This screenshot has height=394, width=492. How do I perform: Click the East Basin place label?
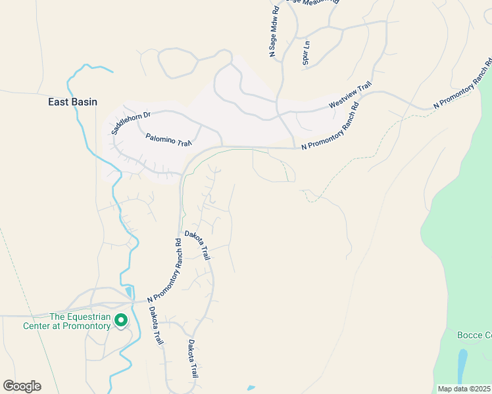(x=72, y=102)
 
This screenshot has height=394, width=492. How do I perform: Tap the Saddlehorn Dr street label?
(x=131, y=123)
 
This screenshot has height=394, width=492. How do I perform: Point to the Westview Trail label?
(x=351, y=96)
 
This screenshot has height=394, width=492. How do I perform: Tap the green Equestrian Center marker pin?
(x=121, y=320)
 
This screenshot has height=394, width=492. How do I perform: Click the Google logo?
(x=22, y=386)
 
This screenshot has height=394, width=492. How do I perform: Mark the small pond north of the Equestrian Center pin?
(x=129, y=292)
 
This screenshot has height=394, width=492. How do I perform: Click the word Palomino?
(x=159, y=138)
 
